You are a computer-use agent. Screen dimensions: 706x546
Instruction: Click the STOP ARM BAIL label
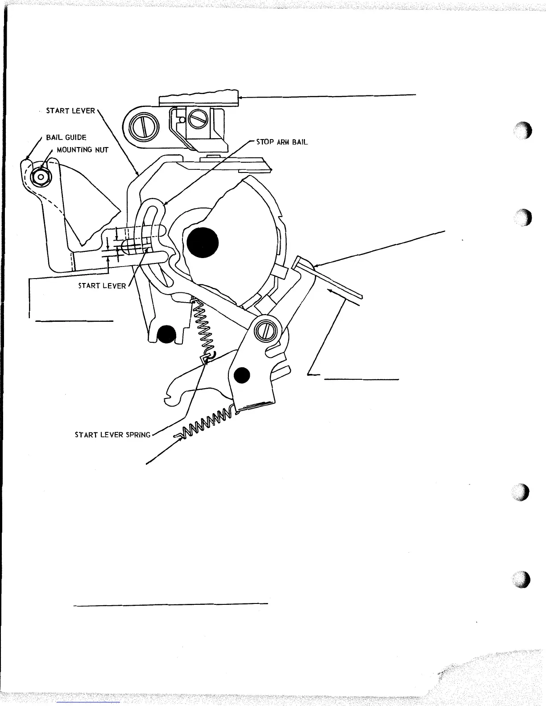pyautogui.click(x=281, y=143)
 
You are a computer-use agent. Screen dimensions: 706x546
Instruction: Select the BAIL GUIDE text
pyautogui.click(x=66, y=138)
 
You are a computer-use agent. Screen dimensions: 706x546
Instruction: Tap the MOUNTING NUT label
pyautogui.click(x=83, y=150)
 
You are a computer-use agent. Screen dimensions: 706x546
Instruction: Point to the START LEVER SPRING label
pyautogui.click(x=112, y=435)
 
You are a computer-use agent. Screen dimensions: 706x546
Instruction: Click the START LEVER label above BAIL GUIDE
pyautogui.click(x=70, y=111)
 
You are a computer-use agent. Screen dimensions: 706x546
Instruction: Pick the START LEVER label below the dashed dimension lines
pyautogui.click(x=102, y=286)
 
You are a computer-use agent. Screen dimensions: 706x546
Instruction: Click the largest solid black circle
pyautogui.click(x=203, y=243)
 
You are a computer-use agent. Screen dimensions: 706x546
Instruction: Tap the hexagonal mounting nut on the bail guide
pyautogui.click(x=41, y=176)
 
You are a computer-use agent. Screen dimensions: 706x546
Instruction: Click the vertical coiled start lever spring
pyautogui.click(x=203, y=326)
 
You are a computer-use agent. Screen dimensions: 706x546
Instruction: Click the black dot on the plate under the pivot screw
pyautogui.click(x=242, y=376)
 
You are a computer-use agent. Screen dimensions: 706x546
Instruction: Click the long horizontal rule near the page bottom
pyautogui.click(x=170, y=604)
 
